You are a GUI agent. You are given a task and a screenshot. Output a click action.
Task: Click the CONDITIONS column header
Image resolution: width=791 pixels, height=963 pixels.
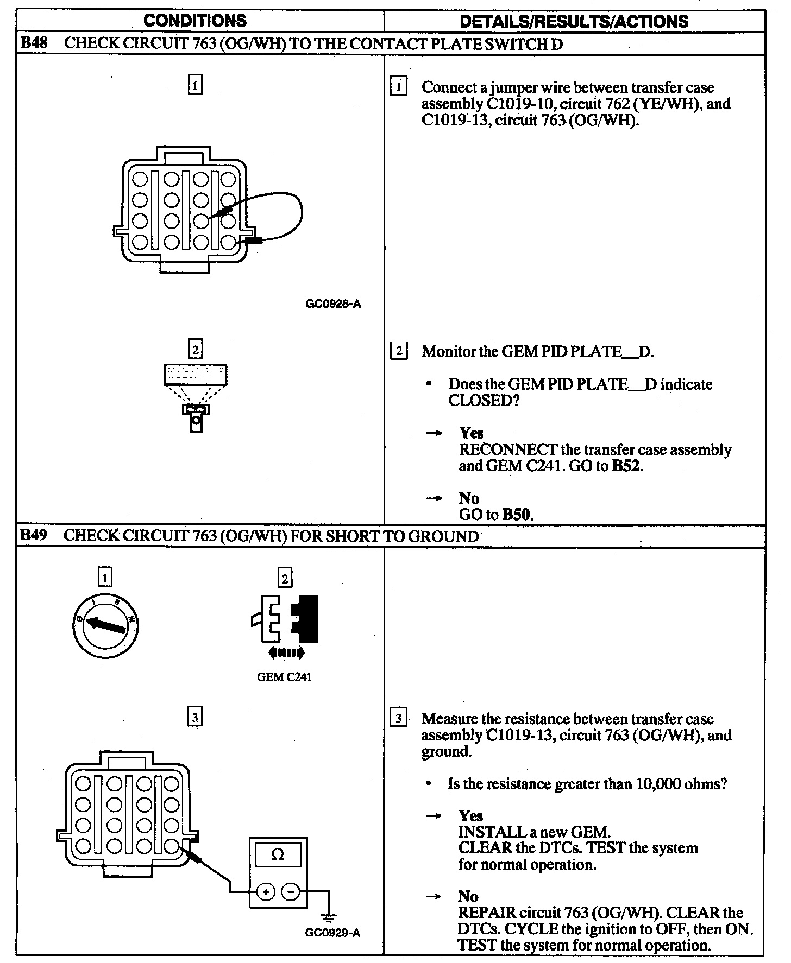[x=195, y=21]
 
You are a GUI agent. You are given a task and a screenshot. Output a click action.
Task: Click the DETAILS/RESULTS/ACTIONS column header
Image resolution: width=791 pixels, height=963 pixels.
[x=574, y=22]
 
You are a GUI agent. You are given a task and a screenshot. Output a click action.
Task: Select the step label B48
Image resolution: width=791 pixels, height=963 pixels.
[x=34, y=43]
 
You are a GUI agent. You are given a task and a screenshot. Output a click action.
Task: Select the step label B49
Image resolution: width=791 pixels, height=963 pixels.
[x=34, y=536]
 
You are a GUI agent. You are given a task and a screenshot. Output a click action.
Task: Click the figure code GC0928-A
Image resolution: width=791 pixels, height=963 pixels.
[x=333, y=304]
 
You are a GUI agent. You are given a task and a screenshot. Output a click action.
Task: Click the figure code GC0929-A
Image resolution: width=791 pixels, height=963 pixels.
[x=332, y=933]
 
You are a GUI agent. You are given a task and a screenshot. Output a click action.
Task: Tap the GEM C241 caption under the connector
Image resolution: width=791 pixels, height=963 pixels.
[x=284, y=677]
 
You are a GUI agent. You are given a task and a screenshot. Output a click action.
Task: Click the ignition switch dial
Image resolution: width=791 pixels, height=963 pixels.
[x=105, y=626]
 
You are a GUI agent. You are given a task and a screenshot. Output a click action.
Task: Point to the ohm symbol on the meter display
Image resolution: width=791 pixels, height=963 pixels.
[x=278, y=855]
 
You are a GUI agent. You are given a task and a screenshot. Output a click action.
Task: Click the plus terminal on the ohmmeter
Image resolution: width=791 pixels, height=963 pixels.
[x=266, y=891]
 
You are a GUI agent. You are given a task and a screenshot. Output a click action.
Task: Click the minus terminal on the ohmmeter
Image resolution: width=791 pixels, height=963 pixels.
[x=291, y=891]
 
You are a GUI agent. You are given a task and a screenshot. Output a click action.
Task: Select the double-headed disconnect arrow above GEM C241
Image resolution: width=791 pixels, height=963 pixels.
[x=286, y=652]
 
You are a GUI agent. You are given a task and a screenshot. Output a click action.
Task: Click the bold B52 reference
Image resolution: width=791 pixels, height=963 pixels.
[x=626, y=466]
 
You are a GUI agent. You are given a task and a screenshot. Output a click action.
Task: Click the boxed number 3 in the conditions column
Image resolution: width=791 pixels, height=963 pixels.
[x=194, y=718]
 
